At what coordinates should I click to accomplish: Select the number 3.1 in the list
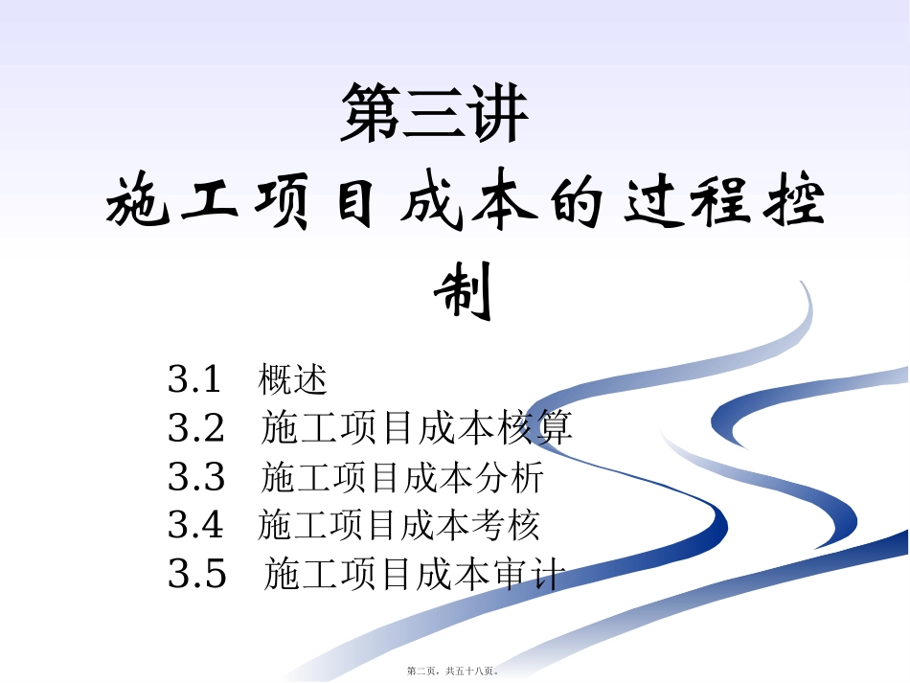pos(194,379)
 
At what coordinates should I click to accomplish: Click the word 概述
pos(293,380)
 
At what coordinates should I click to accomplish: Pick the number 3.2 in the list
pos(196,428)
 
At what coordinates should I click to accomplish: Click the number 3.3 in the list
pos(196,476)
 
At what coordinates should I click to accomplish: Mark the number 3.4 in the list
pos(195,525)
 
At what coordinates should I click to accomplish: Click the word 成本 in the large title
pos(459,201)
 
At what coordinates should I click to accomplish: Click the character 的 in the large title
pos(571,201)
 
